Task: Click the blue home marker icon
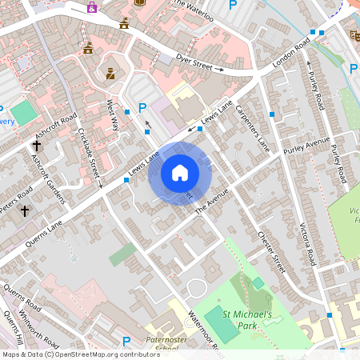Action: click(180, 173)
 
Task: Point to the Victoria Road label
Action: click(307, 237)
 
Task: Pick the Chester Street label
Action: click(271, 253)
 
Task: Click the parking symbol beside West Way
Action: click(143, 107)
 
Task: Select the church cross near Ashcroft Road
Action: click(37, 146)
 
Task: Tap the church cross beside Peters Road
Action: click(25, 211)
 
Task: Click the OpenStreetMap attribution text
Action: click(80, 354)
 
